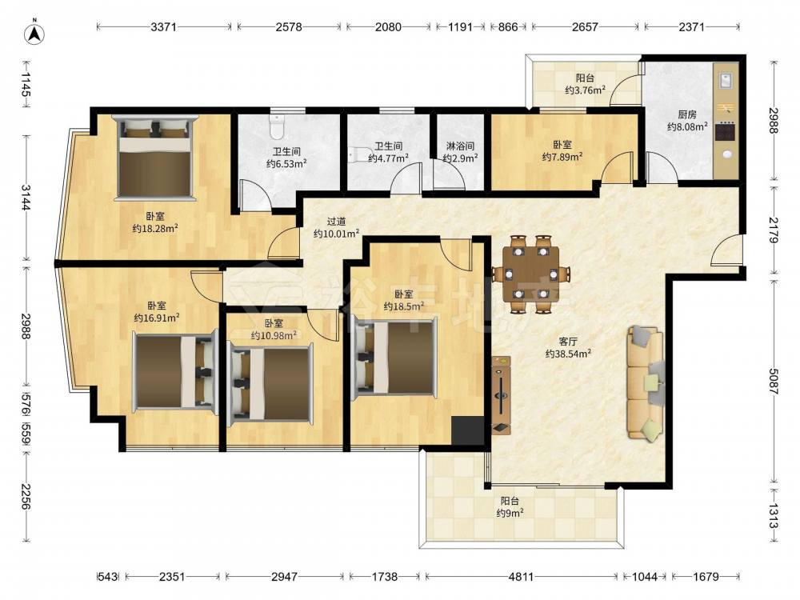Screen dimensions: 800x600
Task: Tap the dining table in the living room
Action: click(530, 274)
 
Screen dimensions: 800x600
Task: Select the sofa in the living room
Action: click(646, 382)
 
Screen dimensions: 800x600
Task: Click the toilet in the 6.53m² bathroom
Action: click(277, 126)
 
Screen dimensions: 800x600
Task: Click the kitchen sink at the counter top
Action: click(726, 81)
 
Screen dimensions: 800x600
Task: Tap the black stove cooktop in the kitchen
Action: click(725, 131)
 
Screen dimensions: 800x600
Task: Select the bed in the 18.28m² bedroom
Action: click(155, 157)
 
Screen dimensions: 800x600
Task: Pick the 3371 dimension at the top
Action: click(163, 26)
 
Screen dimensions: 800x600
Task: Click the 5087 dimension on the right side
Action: click(774, 382)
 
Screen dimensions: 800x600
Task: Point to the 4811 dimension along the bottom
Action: click(521, 577)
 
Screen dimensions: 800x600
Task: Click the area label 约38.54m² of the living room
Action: click(568, 353)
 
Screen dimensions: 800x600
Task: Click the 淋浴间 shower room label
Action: click(460, 146)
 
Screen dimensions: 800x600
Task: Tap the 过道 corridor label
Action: click(336, 222)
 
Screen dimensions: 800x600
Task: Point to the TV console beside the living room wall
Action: click(501, 395)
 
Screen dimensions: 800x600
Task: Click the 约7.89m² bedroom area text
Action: click(562, 157)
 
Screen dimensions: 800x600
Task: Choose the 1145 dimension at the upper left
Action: click(26, 84)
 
